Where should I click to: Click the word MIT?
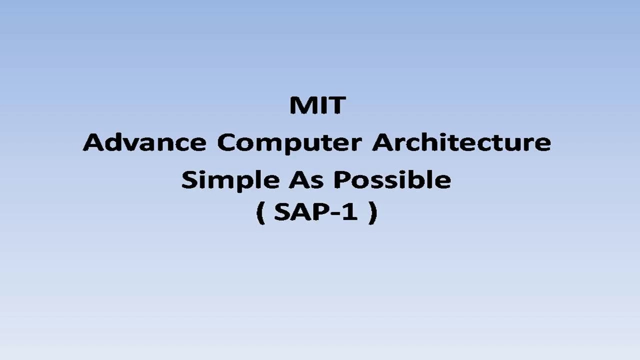(317, 105)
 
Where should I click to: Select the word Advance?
(144, 142)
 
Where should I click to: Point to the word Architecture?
(461, 142)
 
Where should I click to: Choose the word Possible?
(392, 179)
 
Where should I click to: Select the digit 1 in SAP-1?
(351, 212)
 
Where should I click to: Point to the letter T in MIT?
(336, 105)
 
